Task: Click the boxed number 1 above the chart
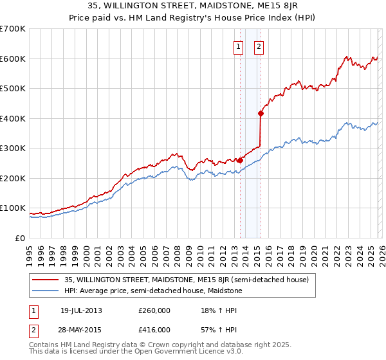pos(238,46)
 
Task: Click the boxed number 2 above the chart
pos(259,46)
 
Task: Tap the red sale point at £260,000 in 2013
pos(240,160)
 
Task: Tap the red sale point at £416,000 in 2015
pos(261,114)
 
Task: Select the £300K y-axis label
pos(13,148)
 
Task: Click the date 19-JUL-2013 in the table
pos(81,310)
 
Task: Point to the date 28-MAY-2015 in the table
pos(81,330)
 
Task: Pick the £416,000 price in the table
pos(154,330)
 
